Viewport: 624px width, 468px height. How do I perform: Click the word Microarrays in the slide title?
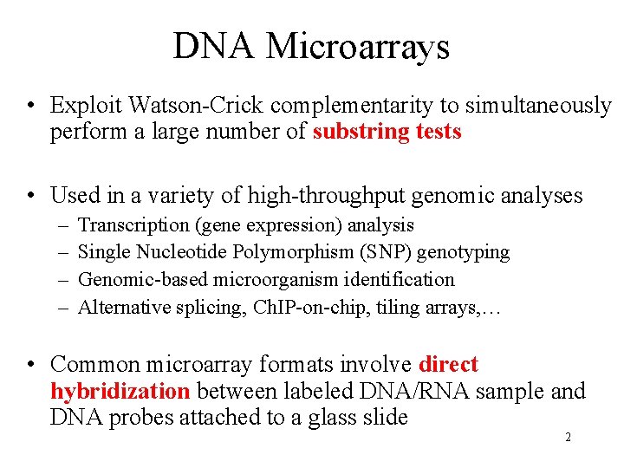[358, 46]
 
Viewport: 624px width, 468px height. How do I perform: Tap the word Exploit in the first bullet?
[86, 106]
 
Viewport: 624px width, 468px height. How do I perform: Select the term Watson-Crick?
[195, 106]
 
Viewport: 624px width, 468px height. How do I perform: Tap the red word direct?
[448, 365]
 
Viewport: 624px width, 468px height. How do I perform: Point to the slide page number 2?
[568, 438]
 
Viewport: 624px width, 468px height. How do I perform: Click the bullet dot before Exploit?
[30, 107]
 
